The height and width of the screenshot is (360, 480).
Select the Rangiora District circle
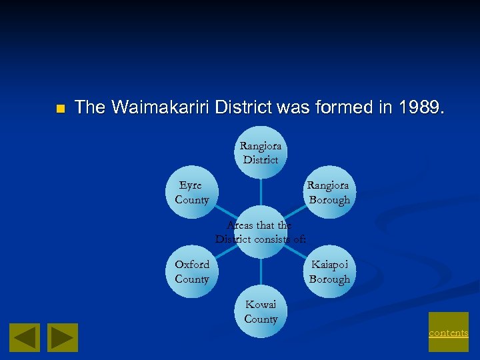click(x=261, y=152)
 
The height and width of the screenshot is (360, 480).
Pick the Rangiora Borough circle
click(x=329, y=192)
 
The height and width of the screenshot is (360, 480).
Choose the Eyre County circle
click(x=192, y=192)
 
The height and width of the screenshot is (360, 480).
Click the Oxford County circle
click(x=192, y=271)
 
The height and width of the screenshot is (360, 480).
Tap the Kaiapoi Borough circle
click(x=329, y=271)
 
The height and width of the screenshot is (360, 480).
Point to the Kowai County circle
click(x=261, y=311)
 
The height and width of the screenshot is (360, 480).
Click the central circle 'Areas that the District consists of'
click(x=261, y=232)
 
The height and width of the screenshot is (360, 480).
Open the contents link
click(x=448, y=332)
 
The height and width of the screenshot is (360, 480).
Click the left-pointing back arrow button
click(x=24, y=337)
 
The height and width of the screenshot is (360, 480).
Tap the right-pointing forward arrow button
click(x=63, y=337)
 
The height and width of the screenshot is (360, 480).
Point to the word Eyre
click(x=190, y=185)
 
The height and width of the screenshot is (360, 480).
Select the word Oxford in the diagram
click(x=191, y=265)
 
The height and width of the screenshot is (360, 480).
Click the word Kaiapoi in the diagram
click(x=329, y=265)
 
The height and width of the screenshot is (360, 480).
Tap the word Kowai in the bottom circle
click(x=261, y=304)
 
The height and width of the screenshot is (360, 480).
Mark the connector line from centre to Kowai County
click(x=261, y=272)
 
